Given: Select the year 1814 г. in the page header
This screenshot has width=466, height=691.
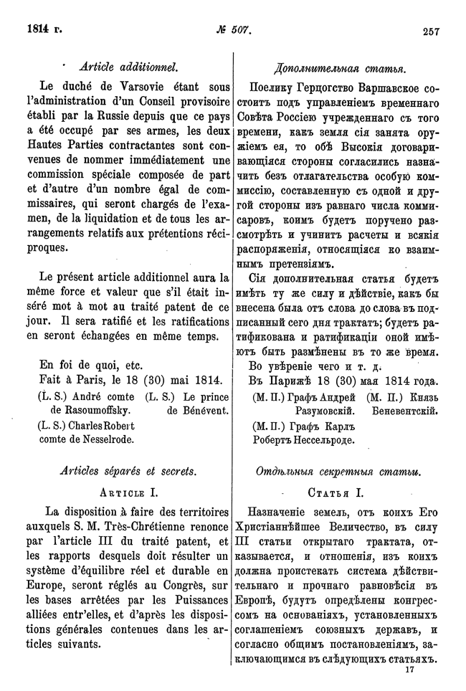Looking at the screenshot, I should [x=44, y=30].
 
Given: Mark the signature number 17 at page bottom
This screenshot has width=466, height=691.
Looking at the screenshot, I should [x=410, y=669].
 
